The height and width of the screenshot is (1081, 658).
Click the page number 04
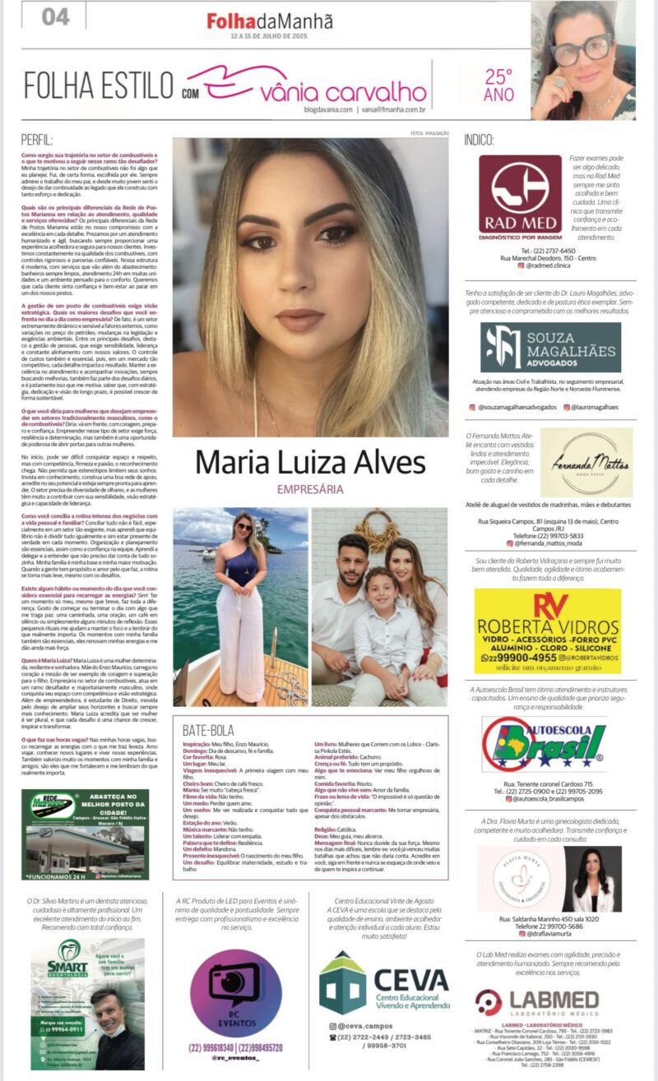[55, 16]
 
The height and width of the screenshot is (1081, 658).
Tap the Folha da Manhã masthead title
[269, 22]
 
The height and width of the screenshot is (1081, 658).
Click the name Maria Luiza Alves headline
[310, 462]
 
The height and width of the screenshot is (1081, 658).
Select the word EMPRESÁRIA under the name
[310, 489]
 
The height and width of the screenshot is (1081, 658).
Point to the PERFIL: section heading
[38, 141]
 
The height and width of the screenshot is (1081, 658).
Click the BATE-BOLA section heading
[208, 729]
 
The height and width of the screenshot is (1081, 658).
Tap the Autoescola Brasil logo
[544, 744]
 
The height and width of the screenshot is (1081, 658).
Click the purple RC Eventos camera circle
[236, 993]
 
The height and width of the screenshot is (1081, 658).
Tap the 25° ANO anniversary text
[498, 85]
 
